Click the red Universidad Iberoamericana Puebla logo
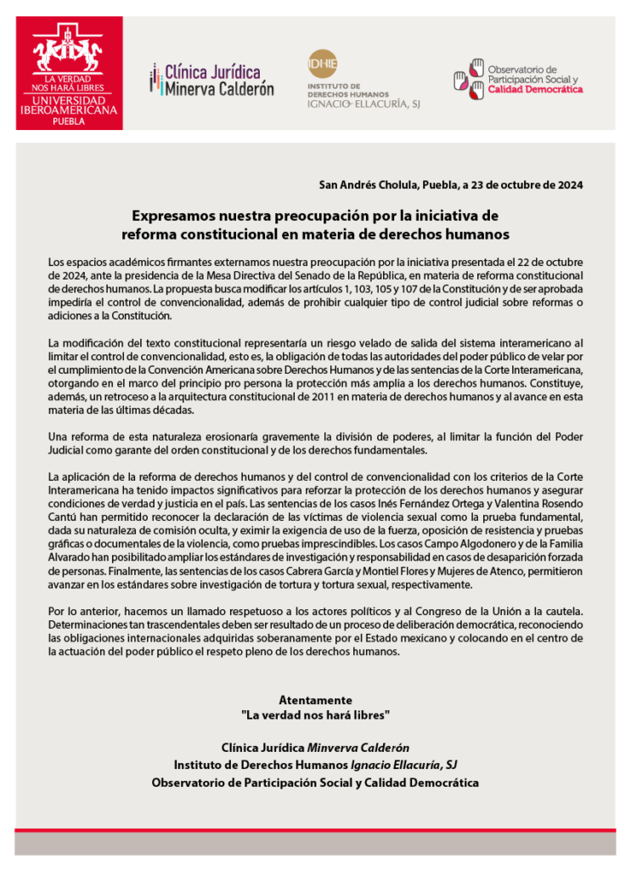(69, 73)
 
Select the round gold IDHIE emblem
(323, 65)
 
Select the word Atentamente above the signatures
(315, 700)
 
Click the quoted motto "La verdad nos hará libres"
(315, 715)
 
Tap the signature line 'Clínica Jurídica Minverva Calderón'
(315, 749)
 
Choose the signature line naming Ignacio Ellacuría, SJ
(315, 765)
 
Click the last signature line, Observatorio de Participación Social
(315, 782)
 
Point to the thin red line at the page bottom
(315, 828)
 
